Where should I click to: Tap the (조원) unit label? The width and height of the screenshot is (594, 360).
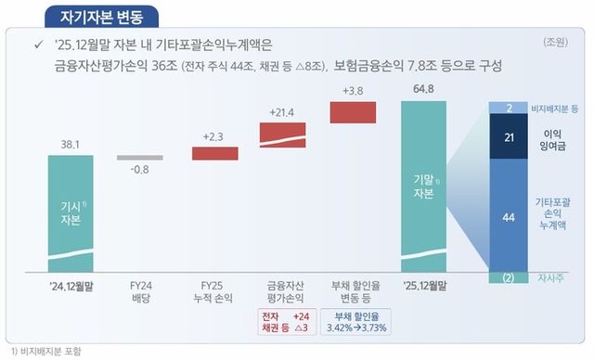pos(556,43)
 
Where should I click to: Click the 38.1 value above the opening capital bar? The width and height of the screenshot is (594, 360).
pos(71,144)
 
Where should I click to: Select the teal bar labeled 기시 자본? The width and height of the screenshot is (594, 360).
pos(71,213)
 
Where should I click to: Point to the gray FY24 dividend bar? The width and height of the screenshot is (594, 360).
pos(139,158)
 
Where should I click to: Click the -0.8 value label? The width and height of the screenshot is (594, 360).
pos(139,170)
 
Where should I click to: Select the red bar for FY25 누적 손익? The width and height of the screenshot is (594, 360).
pos(214,153)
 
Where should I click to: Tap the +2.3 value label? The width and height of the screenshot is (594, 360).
pos(214,136)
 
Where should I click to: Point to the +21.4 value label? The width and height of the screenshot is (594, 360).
pos(282,111)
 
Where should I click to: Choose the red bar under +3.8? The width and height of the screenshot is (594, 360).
pos(353,111)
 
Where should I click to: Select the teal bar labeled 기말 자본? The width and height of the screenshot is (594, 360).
pos(423,186)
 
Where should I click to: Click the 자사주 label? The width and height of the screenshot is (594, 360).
pos(551,277)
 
